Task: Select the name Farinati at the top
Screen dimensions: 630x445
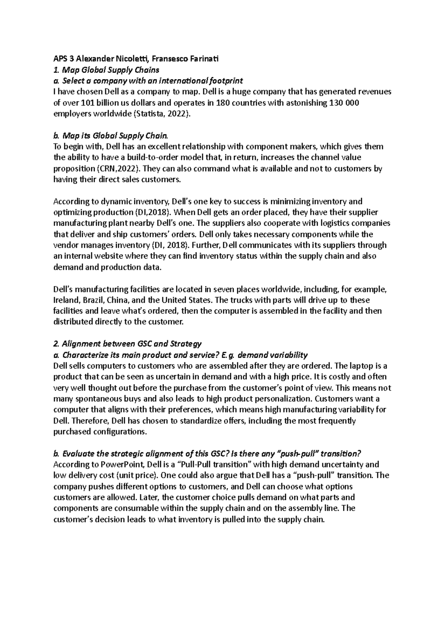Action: pyautogui.click(x=202, y=59)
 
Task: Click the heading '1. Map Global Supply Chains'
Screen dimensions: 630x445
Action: pyautogui.click(x=106, y=70)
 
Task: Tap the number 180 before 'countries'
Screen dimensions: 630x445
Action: pyautogui.click(x=222, y=103)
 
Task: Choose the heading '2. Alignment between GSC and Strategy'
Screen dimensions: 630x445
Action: pyautogui.click(x=127, y=344)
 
